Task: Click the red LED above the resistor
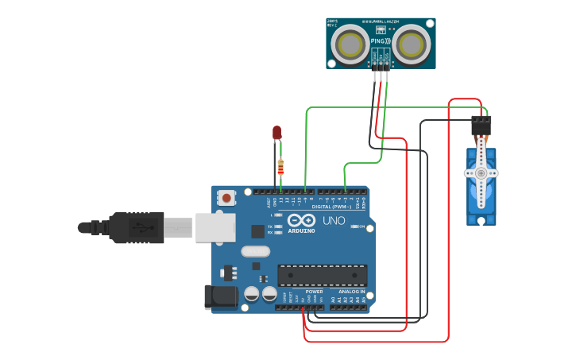(x=276, y=133)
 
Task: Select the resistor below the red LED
(x=280, y=167)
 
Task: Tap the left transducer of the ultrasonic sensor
(x=350, y=45)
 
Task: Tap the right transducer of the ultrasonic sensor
(x=412, y=45)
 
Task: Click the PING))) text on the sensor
(x=381, y=39)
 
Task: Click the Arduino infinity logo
(x=301, y=220)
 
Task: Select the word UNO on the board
(x=334, y=220)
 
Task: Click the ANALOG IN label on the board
(x=351, y=292)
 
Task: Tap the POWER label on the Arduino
(x=314, y=292)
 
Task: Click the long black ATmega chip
(x=322, y=275)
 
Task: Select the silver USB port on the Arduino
(x=215, y=226)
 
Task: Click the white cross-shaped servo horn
(x=480, y=172)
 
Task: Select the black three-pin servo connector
(x=481, y=126)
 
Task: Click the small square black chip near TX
(x=258, y=231)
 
